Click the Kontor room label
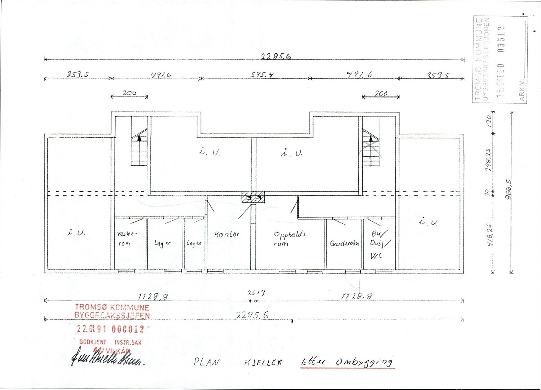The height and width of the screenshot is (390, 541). [227, 234]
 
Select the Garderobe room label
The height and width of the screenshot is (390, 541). [344, 243]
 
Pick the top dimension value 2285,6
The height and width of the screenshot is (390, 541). [276, 57]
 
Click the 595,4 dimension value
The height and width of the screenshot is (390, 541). [262, 75]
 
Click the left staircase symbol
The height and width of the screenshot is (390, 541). [139, 149]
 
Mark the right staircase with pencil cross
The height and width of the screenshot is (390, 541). [371, 149]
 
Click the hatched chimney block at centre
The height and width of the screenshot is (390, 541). [253, 197]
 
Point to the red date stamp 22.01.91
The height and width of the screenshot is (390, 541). [92, 329]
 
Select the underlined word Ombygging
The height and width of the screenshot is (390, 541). [363, 362]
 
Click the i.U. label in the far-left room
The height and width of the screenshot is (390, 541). [76, 233]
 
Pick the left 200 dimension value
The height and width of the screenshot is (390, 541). [129, 92]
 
